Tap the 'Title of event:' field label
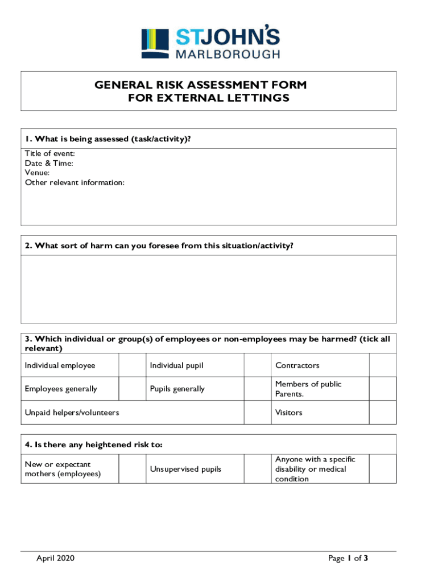pos(49,153)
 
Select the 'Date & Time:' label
pos(49,163)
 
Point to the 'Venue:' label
pos(37,173)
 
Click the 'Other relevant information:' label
pos(75,182)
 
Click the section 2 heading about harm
pos(159,246)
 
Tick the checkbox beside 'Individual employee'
pos(132,365)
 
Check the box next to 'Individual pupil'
pos(257,365)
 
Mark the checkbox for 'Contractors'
pos(382,365)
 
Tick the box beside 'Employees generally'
pos(132,389)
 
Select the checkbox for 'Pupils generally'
pos(257,389)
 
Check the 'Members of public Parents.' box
pos(382,389)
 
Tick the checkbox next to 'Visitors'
pos(382,413)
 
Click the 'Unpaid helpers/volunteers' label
pos(72,413)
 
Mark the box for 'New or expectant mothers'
pos(132,469)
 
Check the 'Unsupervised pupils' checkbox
pos(257,469)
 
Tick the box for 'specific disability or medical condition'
pos(382,469)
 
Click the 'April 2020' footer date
pos(55,559)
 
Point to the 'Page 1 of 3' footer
pos(348,559)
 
